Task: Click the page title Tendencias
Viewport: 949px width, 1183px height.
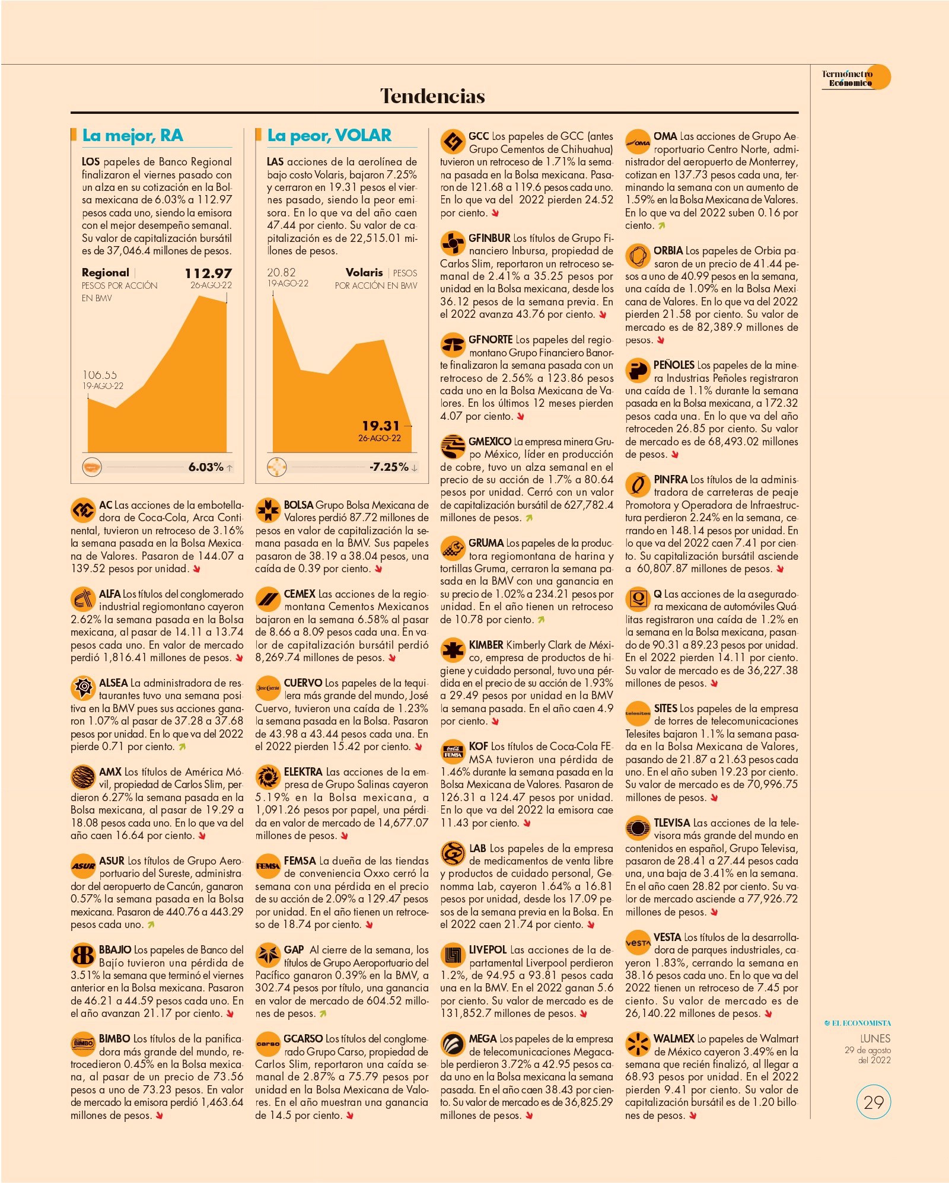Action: [x=432, y=96]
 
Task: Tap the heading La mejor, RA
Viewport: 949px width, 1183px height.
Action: [x=133, y=135]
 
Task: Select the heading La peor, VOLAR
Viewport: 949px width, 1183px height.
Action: [x=329, y=135]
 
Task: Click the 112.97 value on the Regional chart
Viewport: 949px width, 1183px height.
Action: [x=208, y=273]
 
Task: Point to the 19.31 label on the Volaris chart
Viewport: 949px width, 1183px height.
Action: [x=381, y=426]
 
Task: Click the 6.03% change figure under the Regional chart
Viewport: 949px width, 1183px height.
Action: [x=206, y=467]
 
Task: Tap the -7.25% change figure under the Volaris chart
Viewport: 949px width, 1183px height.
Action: [x=389, y=467]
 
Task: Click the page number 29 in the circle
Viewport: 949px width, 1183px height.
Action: [x=874, y=1102]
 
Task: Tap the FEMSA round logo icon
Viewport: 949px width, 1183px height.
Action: [x=267, y=866]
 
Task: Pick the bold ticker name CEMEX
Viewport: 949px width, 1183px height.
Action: [x=300, y=594]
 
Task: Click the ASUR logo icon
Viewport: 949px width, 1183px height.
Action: [x=83, y=866]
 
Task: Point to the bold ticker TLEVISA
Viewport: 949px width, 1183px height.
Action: [x=672, y=823]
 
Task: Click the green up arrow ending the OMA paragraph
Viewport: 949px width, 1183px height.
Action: [x=661, y=226]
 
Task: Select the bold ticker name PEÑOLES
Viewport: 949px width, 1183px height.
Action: [x=674, y=365]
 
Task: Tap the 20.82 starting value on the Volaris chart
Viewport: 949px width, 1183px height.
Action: [x=281, y=273]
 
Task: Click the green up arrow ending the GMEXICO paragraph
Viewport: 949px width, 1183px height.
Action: [x=529, y=518]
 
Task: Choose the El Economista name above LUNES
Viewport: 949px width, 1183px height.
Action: [x=858, y=1023]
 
